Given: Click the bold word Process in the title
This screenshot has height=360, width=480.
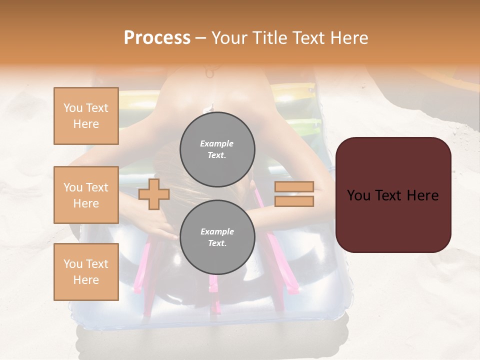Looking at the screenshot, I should pyautogui.click(x=157, y=38).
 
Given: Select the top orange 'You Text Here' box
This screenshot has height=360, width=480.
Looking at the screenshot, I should pyautogui.click(x=86, y=116).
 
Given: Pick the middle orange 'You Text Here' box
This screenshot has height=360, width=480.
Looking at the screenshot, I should pyautogui.click(x=86, y=195).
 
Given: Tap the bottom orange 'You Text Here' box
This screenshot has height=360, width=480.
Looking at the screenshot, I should pyautogui.click(x=86, y=272).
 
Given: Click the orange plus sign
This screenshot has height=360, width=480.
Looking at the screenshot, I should pyautogui.click(x=154, y=194).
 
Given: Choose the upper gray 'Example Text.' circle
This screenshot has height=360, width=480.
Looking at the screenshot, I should pyautogui.click(x=217, y=149).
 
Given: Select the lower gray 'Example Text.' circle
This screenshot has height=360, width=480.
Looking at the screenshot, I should pyautogui.click(x=217, y=237).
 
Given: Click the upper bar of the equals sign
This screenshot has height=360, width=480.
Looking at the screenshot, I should pyautogui.click(x=294, y=187).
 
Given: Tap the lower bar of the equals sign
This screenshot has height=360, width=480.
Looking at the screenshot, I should pyautogui.click(x=294, y=201).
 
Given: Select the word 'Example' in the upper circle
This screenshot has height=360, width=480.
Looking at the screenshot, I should pyautogui.click(x=217, y=143).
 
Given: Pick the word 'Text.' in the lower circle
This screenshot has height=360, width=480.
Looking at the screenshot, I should pyautogui.click(x=217, y=243).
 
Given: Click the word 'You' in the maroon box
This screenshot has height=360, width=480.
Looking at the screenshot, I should pyautogui.click(x=358, y=195).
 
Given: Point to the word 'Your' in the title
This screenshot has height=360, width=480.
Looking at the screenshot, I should pyautogui.click(x=229, y=38).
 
